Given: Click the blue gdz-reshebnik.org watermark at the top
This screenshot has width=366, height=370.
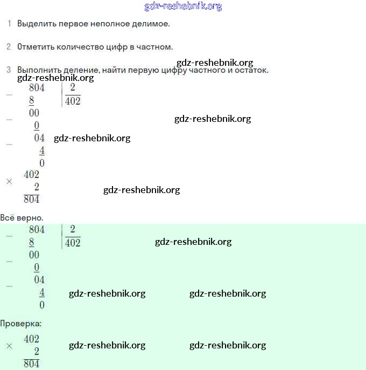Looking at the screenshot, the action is [x=183, y=6].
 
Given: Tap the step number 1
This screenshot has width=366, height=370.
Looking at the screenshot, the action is [x=9, y=23].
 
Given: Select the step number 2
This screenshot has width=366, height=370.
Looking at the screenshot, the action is [x=9, y=46].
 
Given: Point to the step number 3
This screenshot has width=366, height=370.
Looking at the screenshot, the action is [x=9, y=70].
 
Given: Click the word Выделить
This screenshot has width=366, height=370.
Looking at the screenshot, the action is [x=37, y=24].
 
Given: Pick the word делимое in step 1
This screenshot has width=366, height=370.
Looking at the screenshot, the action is [x=151, y=24].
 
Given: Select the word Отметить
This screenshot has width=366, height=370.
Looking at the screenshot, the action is [x=36, y=47].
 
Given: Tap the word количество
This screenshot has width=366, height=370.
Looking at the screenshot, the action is [x=80, y=47].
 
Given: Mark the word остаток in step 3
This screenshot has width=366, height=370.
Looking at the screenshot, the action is [x=251, y=70].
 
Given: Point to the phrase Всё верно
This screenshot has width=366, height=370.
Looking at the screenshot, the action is [x=22, y=217].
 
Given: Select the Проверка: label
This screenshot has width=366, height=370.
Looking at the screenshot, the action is [x=21, y=324].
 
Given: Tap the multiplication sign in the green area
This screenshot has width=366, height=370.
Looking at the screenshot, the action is [x=9, y=346].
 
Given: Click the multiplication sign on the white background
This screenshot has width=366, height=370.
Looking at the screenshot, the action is [x=9, y=181].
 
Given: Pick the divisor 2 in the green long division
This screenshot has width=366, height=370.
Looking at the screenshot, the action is [x=73, y=229].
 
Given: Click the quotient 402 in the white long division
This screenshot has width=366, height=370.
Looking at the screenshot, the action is [x=73, y=101].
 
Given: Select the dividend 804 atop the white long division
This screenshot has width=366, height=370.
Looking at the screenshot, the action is [x=37, y=87].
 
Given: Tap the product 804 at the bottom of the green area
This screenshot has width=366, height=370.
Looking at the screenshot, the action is [x=31, y=364].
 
